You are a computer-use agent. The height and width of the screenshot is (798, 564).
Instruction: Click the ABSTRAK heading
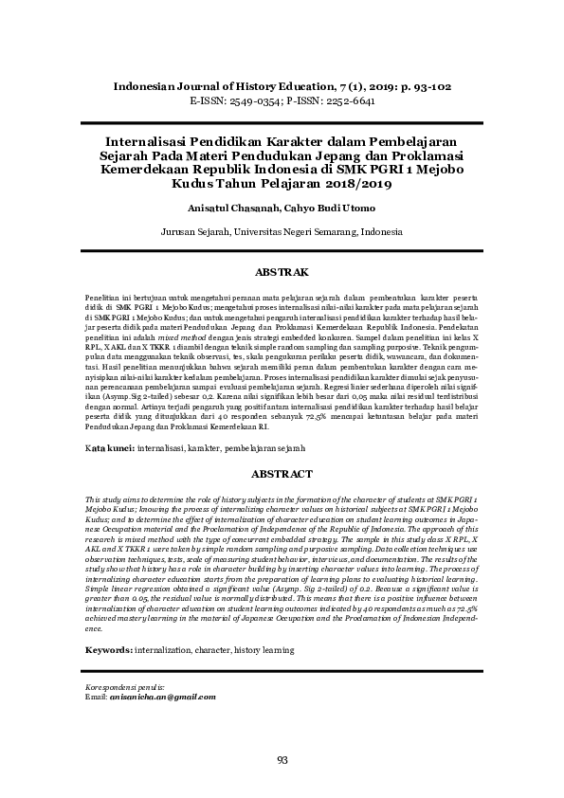coord(282,272)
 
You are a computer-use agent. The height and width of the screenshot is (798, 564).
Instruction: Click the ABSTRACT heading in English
coord(282,473)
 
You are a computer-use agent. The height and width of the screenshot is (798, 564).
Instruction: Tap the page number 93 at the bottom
coord(282,760)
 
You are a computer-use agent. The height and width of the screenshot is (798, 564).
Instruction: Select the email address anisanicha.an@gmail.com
coord(162,697)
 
